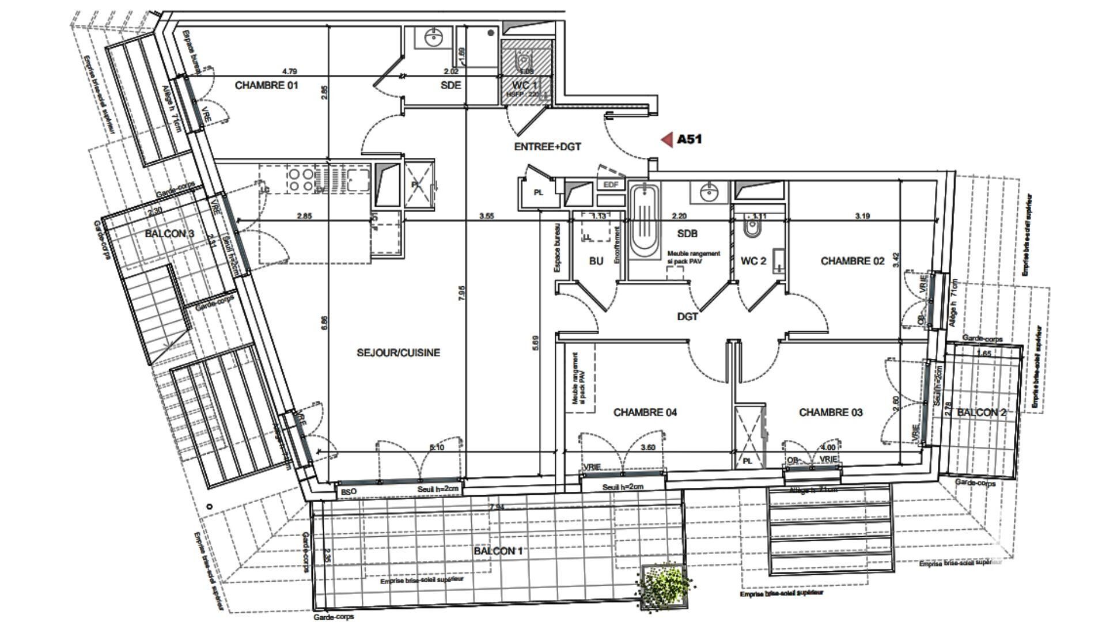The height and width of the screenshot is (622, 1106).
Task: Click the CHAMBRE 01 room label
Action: click(x=266, y=85)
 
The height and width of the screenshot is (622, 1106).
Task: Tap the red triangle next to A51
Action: click(x=667, y=139)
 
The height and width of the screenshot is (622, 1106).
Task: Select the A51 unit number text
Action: click(x=690, y=139)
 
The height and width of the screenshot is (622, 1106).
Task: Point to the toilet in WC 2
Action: click(x=752, y=229)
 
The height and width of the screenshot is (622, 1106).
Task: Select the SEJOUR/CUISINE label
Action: click(x=398, y=352)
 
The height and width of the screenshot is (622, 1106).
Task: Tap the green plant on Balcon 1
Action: click(x=664, y=585)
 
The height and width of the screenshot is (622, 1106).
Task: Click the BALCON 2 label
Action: click(x=981, y=412)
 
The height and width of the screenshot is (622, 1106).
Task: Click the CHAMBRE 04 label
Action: click(x=645, y=412)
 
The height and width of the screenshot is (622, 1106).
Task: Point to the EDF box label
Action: click(x=611, y=185)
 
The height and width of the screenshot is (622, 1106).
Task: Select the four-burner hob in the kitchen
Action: click(x=301, y=179)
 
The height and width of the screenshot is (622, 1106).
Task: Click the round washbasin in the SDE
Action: click(x=433, y=39)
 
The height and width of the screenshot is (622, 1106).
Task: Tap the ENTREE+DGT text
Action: click(x=547, y=147)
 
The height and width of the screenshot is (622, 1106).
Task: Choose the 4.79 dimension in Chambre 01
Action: click(x=289, y=71)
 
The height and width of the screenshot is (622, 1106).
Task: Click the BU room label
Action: click(x=596, y=261)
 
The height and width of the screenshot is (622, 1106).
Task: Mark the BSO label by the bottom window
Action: click(x=349, y=491)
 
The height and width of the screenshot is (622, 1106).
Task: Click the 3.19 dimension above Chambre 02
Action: click(x=862, y=216)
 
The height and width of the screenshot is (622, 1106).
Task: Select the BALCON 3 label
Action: click(x=169, y=233)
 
